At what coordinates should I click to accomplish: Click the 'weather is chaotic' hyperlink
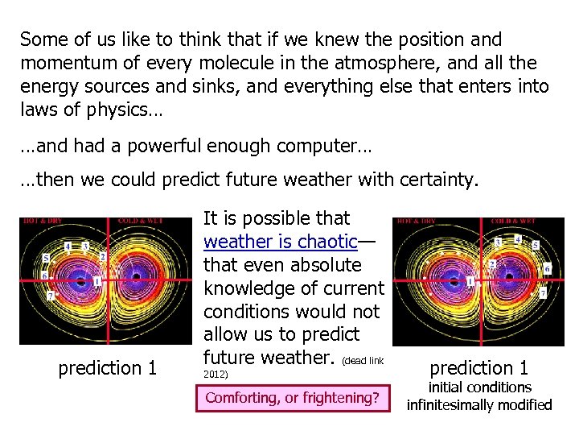coord(280,242)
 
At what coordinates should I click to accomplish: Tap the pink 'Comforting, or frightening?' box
coord(292,397)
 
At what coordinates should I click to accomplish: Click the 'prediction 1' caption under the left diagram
coord(107,368)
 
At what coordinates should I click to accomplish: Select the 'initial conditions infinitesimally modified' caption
coord(479,396)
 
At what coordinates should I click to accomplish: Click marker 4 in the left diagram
coord(69,246)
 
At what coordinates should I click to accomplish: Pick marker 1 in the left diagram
coord(96,281)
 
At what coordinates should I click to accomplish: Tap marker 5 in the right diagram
coord(536,245)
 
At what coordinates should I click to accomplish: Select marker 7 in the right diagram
coord(543,294)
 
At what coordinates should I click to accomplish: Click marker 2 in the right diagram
coord(491,264)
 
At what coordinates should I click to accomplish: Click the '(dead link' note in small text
coord(369,359)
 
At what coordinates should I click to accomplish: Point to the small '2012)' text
coord(216,375)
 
